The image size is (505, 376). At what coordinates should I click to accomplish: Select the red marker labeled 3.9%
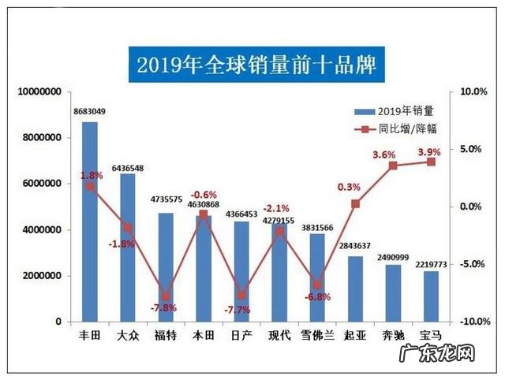tap(431, 162)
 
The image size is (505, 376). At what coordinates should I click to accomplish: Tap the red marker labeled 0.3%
tap(355, 203)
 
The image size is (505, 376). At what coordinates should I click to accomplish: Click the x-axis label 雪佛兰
tap(317, 336)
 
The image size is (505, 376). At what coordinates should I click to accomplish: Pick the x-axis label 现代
tap(279, 336)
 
